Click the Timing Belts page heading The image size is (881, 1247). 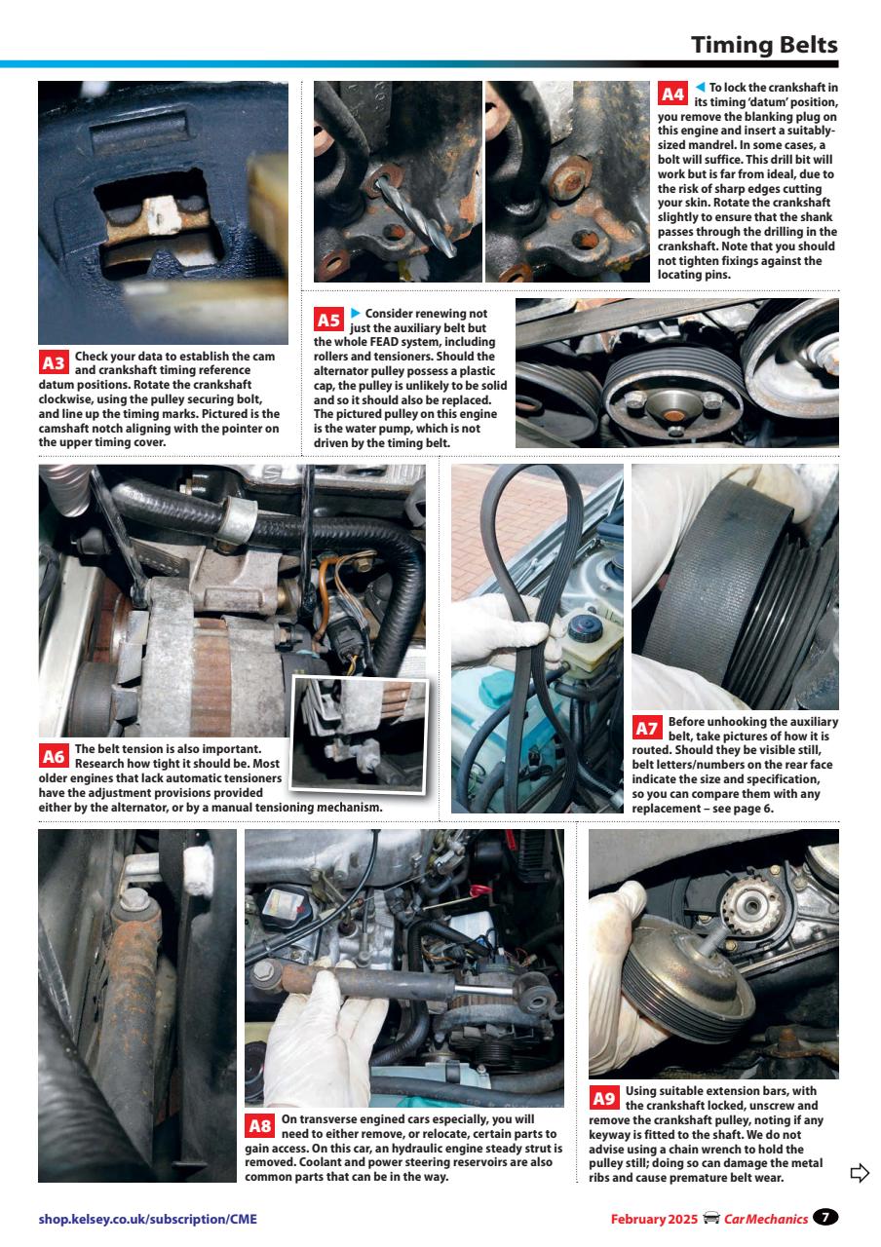[x=764, y=45]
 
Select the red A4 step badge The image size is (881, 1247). [x=672, y=94]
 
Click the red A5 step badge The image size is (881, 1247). [x=328, y=321]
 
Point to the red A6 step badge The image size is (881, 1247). [x=54, y=756]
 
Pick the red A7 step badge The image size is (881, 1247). [x=646, y=729]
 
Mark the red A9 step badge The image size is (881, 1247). [x=604, y=1099]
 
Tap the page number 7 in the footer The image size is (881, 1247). [x=826, y=1217]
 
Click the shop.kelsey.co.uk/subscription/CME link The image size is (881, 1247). [x=148, y=1219]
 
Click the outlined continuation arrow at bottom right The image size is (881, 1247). [x=859, y=1172]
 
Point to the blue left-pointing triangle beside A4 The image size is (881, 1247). [x=699, y=88]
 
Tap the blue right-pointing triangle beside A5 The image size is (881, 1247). [x=356, y=313]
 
